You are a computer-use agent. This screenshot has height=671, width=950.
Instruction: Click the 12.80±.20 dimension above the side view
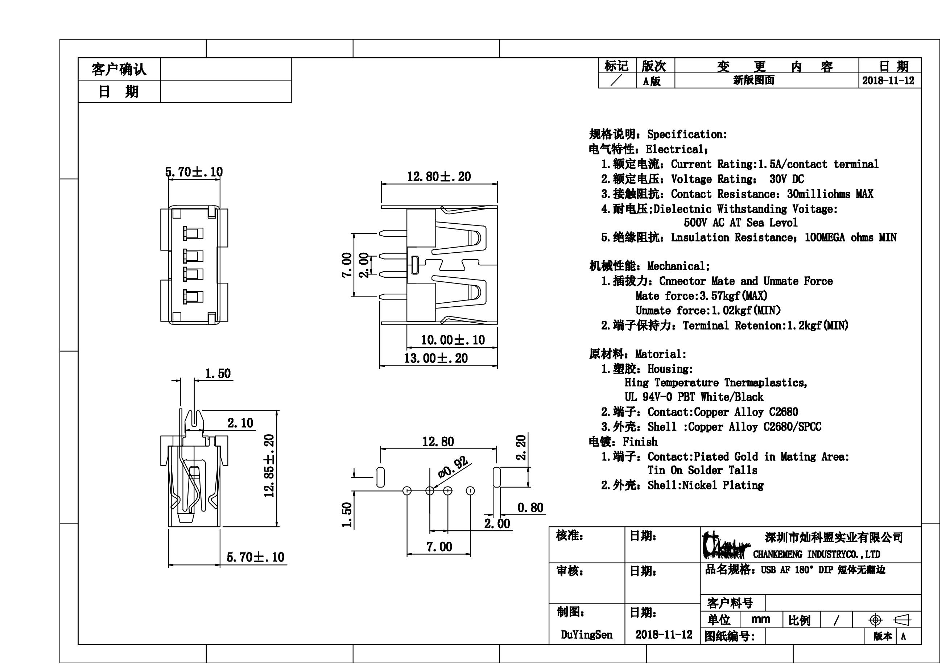point(439,177)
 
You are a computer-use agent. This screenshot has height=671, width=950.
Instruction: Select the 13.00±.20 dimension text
point(436,358)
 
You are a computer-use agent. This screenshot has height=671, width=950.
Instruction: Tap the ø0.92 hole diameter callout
point(454,468)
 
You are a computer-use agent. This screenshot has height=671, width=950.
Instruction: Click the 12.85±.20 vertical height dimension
point(269,465)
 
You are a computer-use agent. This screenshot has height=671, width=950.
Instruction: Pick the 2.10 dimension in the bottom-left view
point(240,423)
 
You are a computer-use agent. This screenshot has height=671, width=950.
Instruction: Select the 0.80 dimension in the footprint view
point(530,508)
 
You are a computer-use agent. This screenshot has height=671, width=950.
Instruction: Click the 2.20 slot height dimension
point(521,447)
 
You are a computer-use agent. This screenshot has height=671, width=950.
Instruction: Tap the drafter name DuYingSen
point(586,635)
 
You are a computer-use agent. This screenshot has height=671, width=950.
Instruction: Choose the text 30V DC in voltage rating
point(786,179)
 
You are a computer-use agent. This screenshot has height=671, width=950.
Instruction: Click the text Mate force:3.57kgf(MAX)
point(701,296)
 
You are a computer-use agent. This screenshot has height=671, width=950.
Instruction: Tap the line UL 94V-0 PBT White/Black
point(694,397)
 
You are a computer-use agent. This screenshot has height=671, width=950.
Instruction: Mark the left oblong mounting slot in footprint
point(380,477)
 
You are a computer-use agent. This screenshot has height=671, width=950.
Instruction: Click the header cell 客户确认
point(119,69)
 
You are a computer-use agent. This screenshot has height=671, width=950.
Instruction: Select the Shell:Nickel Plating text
point(706,485)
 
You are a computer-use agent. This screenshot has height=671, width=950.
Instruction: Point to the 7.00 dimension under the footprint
point(439,547)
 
